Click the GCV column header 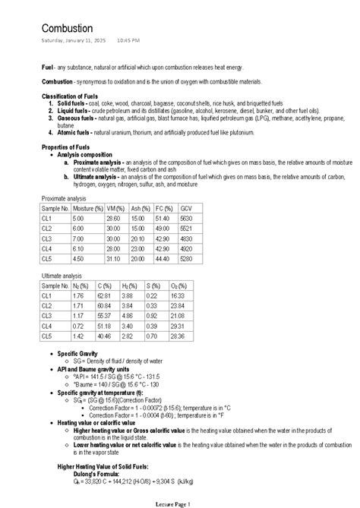187,207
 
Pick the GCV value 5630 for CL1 187,217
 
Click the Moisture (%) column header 88,207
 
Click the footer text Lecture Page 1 179,503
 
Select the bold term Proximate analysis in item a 98,162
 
